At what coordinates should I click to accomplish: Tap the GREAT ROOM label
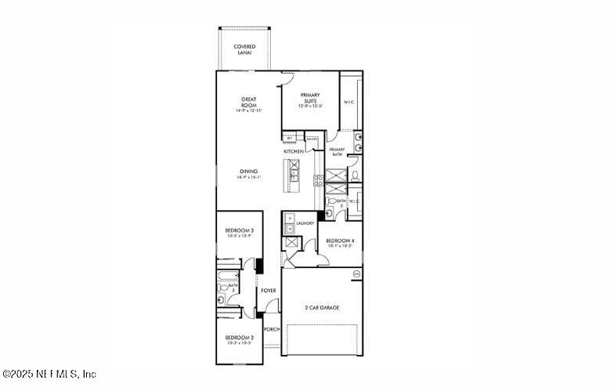(x=249, y=104)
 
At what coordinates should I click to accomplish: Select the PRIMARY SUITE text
(x=311, y=99)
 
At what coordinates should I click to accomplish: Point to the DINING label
(x=249, y=173)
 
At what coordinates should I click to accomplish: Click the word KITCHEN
(x=294, y=151)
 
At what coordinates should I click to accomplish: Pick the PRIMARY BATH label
(x=337, y=152)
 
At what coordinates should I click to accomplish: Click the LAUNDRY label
(x=305, y=223)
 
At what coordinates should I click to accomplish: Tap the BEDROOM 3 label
(x=240, y=232)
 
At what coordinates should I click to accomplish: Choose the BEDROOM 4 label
(x=340, y=242)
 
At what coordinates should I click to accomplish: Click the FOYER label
(x=269, y=291)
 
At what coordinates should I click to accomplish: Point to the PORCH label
(x=272, y=329)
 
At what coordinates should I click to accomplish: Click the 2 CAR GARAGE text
(x=323, y=308)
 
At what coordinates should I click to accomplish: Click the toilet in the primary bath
(x=354, y=175)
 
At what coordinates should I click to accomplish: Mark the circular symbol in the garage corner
(x=357, y=273)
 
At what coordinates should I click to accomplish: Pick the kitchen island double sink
(x=294, y=174)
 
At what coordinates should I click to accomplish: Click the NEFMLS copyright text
(x=49, y=375)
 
